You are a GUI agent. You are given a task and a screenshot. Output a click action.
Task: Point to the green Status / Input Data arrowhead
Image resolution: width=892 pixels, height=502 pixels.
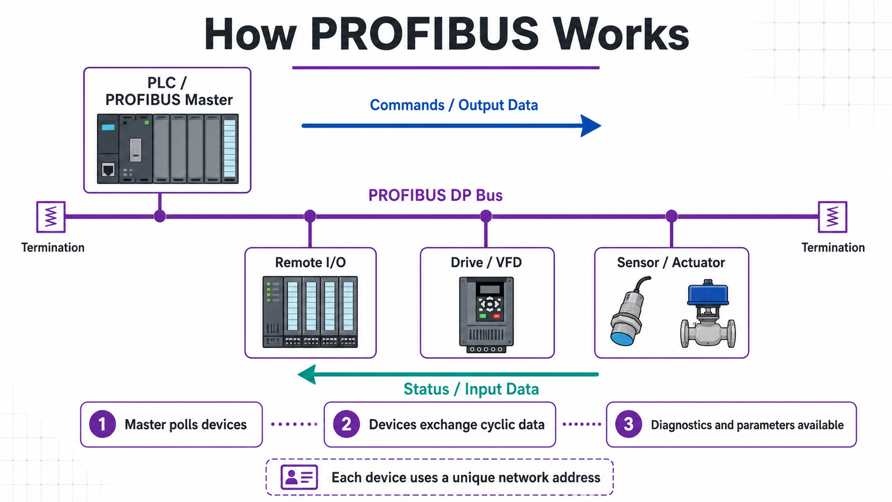click(x=307, y=374)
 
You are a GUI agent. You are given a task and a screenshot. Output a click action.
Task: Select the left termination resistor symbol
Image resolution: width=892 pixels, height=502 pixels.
click(x=51, y=217)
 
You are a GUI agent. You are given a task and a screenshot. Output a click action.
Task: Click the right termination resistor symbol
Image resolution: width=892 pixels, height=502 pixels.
click(x=832, y=217)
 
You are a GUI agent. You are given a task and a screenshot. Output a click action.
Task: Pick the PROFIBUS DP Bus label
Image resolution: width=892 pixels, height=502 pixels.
click(x=435, y=195)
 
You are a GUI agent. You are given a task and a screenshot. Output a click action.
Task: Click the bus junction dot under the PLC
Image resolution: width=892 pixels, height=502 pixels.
click(x=160, y=216)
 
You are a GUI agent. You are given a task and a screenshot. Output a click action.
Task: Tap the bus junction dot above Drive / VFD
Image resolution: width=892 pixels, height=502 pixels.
click(x=486, y=216)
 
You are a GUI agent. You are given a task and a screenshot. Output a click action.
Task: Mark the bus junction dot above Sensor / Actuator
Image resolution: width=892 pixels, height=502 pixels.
click(x=671, y=216)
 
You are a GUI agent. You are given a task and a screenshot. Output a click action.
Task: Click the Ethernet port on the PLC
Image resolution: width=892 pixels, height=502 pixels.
click(x=108, y=170)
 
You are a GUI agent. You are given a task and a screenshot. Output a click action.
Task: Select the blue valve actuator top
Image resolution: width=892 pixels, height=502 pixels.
click(x=707, y=292)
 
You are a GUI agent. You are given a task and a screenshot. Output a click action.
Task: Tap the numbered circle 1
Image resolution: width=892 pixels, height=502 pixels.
click(x=102, y=424)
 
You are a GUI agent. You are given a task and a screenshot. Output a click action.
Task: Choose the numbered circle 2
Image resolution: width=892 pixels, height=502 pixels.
click(x=346, y=424)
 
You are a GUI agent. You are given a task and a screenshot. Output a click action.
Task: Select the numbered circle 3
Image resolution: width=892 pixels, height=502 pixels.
click(x=628, y=424)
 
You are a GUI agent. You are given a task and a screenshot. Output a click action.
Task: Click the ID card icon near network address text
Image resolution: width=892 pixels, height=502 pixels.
click(x=299, y=477)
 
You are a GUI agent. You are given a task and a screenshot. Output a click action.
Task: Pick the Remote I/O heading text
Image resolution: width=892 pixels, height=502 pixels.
click(x=310, y=263)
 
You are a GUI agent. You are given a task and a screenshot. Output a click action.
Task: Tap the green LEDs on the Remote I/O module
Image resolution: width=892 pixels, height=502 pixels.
click(x=268, y=292)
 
